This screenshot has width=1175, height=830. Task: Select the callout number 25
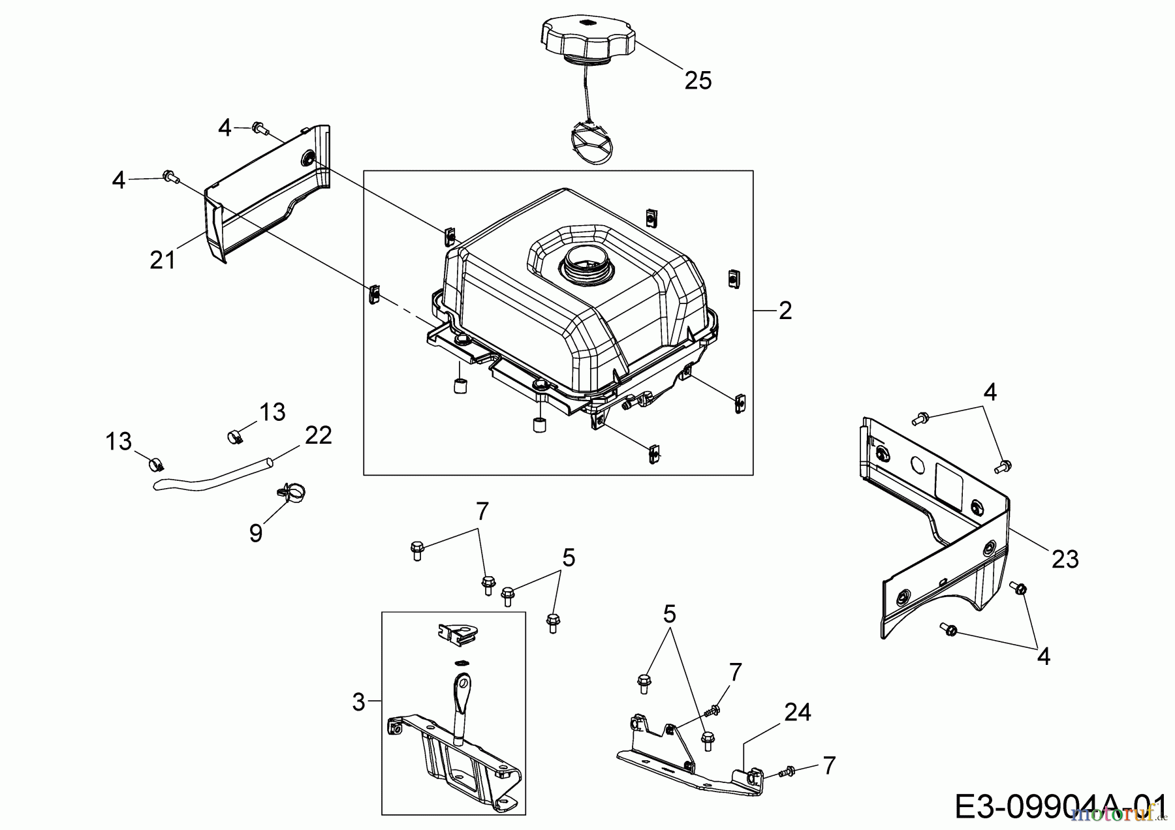pos(698,81)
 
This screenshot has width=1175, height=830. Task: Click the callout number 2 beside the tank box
pos(785,311)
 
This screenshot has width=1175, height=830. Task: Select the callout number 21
pos(163,260)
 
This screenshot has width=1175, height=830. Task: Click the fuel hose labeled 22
pos(209,480)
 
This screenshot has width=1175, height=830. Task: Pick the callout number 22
pos(319,435)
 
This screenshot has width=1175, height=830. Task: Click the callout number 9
pos(256,533)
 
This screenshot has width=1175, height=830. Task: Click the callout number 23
pos(1065,559)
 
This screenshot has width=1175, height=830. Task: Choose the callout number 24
pos(797,712)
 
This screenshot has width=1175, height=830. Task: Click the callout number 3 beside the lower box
pos(358,702)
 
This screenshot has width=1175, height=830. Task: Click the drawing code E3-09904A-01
pos(1060,807)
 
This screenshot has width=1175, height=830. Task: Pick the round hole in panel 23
pos(918,466)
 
